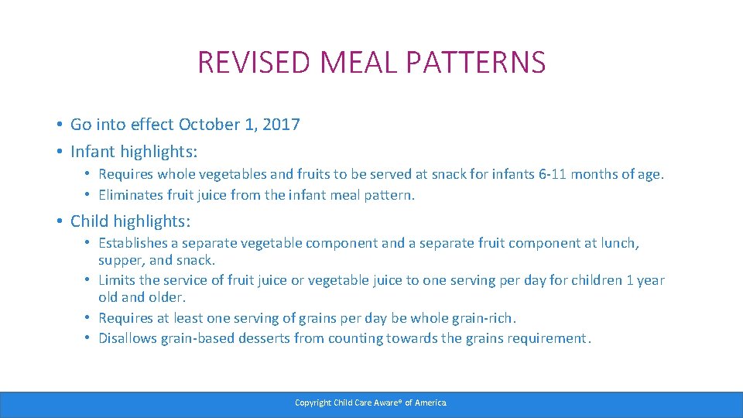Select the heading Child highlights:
point(130,221)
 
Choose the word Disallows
point(128,338)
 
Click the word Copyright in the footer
point(313,403)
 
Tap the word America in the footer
point(430,403)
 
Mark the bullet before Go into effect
point(59,125)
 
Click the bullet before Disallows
point(87,338)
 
